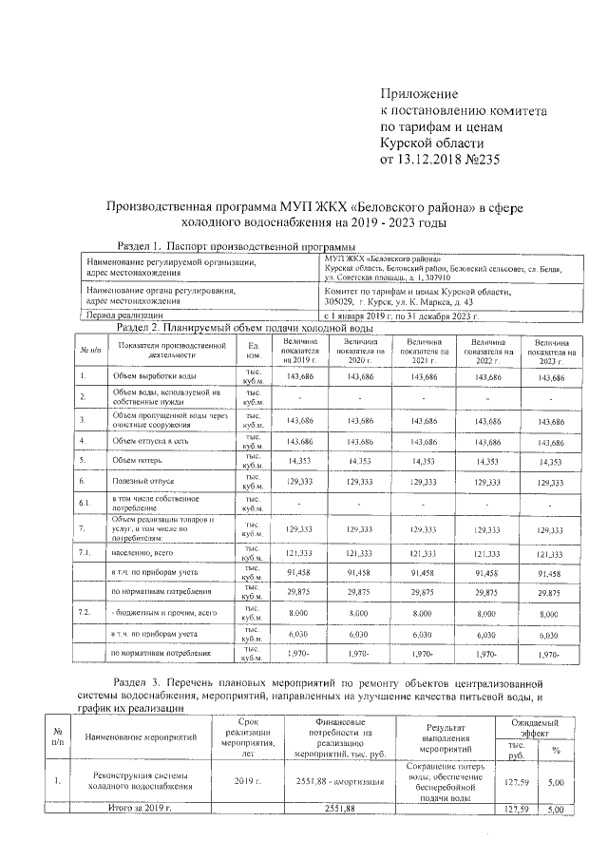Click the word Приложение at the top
click(419, 93)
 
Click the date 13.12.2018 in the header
click(437, 159)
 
